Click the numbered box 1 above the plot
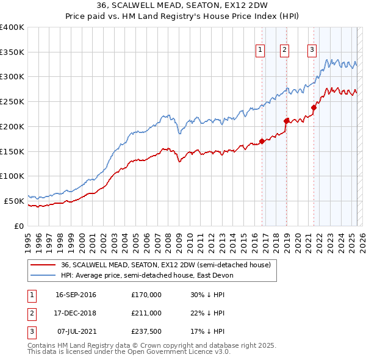click(x=260, y=50)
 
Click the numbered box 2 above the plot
click(x=285, y=50)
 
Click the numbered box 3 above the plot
click(x=312, y=50)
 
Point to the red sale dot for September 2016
click(x=262, y=142)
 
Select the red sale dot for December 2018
click(x=286, y=121)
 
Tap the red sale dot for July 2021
click(x=314, y=108)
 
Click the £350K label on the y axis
click(x=12, y=52)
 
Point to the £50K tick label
click(x=15, y=201)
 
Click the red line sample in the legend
click(x=44, y=265)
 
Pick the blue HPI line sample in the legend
click(x=44, y=275)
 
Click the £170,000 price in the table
click(x=146, y=295)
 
